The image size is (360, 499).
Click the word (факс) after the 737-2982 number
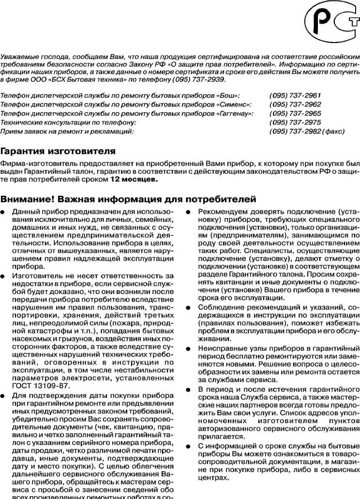click(x=334, y=131)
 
